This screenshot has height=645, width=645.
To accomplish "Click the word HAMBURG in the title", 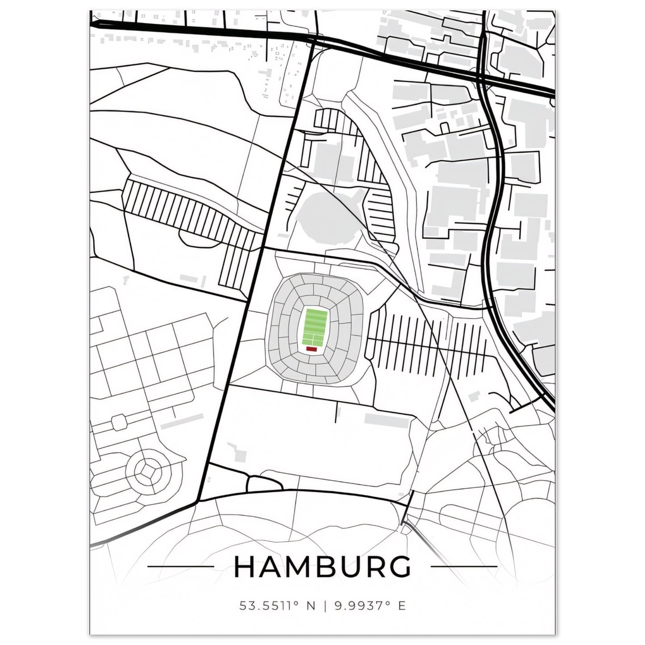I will pyautogui.click(x=322, y=567).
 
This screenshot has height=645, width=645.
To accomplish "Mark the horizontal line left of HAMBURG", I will pyautogui.click(x=180, y=567).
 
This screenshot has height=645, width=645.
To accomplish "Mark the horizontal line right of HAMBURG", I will pyautogui.click(x=464, y=567).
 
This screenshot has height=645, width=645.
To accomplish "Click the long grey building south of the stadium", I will pyautogui.click(x=387, y=419).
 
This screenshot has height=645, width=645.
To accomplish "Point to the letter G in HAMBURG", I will pyautogui.click(x=399, y=567).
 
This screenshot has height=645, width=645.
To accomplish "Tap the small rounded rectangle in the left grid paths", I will pyautogui.click(x=119, y=422).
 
